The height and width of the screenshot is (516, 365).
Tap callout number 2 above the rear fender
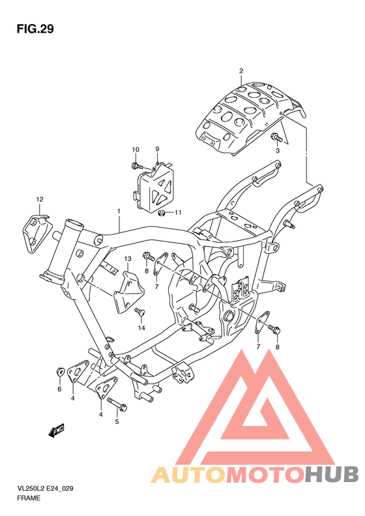241,71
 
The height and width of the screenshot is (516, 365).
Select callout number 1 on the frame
119,211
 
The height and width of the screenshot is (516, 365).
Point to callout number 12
39,198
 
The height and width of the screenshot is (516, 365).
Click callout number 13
128,259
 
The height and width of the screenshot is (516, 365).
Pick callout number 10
136,150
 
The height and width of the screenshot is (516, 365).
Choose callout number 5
117,421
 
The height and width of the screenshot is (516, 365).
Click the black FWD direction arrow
56,430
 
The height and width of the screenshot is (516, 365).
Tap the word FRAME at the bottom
29,498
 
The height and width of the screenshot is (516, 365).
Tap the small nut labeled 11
160,212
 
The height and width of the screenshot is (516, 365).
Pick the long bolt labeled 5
117,404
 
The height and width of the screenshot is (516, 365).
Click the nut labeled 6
59,372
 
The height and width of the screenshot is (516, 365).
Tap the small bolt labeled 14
138,312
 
